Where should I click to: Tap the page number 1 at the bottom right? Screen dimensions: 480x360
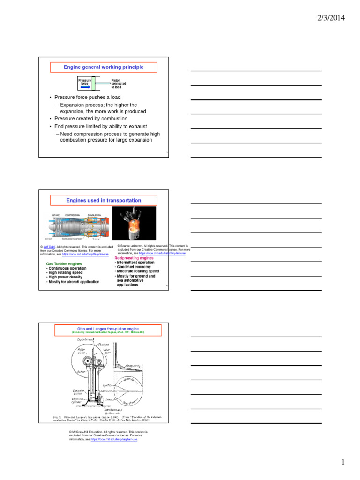coord(343,463)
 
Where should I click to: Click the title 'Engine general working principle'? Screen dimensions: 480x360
coord(104,67)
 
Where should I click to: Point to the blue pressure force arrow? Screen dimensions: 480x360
coord(84,87)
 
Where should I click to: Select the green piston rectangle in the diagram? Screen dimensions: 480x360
coord(94,84)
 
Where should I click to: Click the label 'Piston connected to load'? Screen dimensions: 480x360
coord(119,84)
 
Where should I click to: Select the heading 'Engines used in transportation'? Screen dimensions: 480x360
coord(104,201)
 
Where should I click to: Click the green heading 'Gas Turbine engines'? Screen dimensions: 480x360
coord(64,264)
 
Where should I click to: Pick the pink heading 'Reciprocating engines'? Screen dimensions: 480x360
coord(134,258)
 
